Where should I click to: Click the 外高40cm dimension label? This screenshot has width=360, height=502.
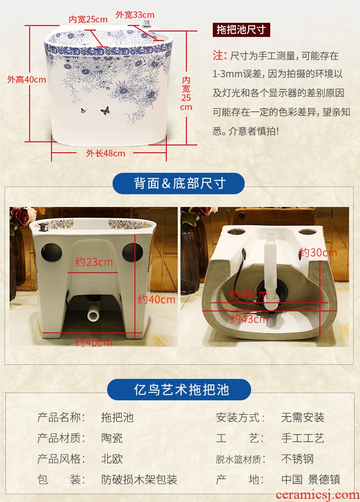[26, 80]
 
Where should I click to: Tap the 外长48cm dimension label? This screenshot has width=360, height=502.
[106, 153]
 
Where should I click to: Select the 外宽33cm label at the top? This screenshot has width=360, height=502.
[135, 15]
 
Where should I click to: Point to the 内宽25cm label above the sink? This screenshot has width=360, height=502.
[88, 20]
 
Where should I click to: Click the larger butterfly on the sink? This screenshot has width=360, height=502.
[105, 111]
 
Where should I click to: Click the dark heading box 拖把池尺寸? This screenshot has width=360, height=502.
[241, 30]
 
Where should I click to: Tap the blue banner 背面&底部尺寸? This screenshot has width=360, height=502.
[179, 183]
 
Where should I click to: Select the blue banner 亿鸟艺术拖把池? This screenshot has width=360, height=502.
[179, 390]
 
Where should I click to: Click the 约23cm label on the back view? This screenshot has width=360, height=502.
[94, 263]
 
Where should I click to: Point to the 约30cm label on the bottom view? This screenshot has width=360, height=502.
[318, 253]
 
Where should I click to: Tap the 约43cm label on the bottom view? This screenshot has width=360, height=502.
[250, 319]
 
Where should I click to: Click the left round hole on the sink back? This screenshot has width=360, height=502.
[51, 252]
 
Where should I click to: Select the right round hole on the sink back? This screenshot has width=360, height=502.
[133, 252]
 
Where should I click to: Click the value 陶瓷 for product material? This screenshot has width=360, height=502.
[112, 438]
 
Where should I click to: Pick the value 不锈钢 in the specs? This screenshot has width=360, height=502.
[297, 459]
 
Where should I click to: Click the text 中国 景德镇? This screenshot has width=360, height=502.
[311, 479]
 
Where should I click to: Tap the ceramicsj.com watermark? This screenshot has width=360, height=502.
[318, 495]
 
